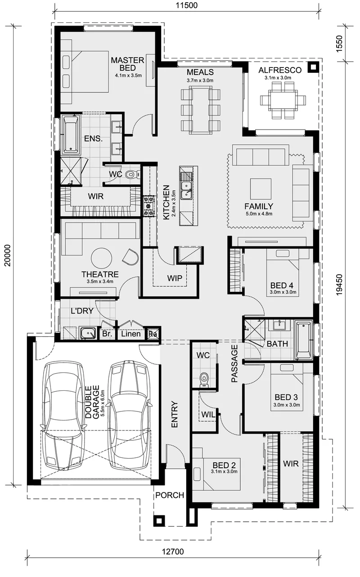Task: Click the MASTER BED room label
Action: [x=127, y=64]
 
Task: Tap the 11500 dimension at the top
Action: [x=187, y=5]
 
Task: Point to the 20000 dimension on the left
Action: [x=8, y=255]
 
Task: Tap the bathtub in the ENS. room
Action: [x=71, y=134]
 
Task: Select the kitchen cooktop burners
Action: [x=148, y=206]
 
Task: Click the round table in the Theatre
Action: [x=101, y=258]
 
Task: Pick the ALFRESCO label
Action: [x=280, y=70]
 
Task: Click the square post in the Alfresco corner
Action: [x=313, y=67]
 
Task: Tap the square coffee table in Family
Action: [x=261, y=189]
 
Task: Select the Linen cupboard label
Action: [x=131, y=334]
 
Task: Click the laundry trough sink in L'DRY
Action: [x=88, y=333]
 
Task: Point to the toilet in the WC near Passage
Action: [x=204, y=380]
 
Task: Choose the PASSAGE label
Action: [x=234, y=363]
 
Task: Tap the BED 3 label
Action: [x=286, y=397]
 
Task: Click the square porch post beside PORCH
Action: [x=159, y=521]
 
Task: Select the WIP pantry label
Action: [x=175, y=278]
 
